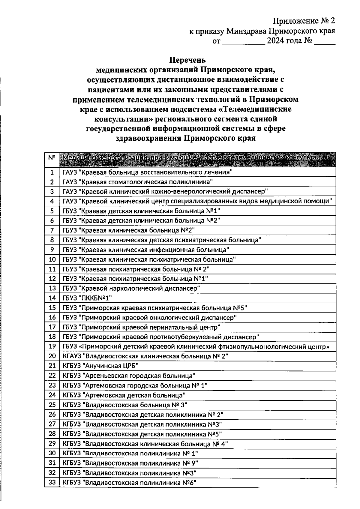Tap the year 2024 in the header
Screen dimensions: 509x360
(x=275, y=40)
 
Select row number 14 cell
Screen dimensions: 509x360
(x=52, y=298)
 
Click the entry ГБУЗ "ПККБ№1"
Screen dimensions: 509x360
(x=87, y=298)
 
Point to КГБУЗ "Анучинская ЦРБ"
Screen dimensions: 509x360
(x=100, y=366)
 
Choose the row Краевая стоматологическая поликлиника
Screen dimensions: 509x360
(x=137, y=182)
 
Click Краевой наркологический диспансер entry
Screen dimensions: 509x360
(x=131, y=289)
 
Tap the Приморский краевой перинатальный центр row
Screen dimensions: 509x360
(x=141, y=327)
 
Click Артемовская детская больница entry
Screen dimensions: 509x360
(x=124, y=395)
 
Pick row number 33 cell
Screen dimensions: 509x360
(x=52, y=483)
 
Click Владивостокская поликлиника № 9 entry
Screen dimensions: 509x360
(x=130, y=463)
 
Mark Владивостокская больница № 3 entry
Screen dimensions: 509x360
(x=125, y=405)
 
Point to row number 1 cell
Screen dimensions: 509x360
(x=52, y=172)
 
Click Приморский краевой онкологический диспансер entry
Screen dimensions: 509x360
(x=150, y=318)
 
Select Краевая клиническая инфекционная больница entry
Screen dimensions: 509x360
(x=146, y=250)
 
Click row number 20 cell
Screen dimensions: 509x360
(x=52, y=356)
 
